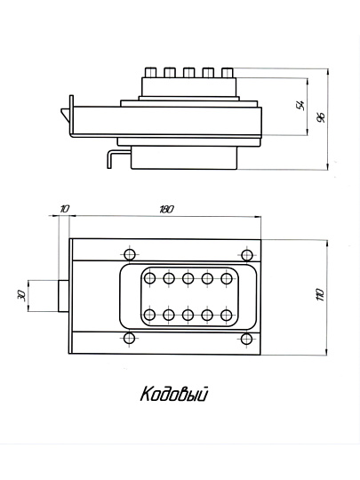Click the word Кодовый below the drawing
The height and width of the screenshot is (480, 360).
point(174,394)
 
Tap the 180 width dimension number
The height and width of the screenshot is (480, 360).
point(166,210)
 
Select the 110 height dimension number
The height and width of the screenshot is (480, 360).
point(321,294)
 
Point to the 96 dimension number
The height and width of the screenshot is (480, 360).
point(321,117)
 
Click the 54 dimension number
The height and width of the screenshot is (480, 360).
point(300,105)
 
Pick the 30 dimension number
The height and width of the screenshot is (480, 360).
point(21,296)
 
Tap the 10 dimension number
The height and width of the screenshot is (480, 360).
point(65,209)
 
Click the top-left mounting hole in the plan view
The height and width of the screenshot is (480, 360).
point(130,254)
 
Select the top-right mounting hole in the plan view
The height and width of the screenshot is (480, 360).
point(247,255)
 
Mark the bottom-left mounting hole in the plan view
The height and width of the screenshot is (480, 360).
point(129,339)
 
